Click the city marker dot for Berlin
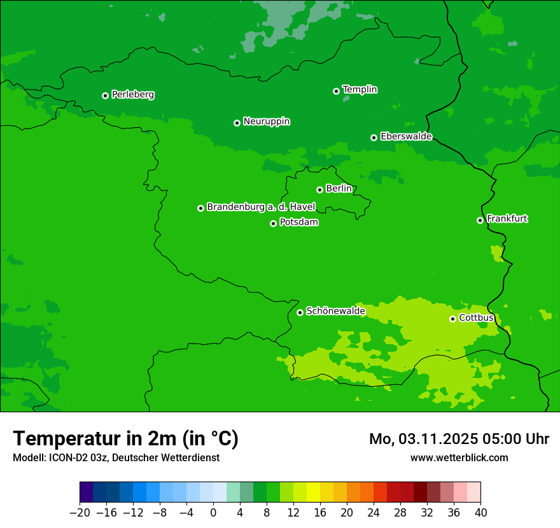click(x=319, y=190)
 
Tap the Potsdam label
click(x=299, y=223)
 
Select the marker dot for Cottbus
click(x=452, y=319)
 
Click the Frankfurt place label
click(x=507, y=219)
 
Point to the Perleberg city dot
click(x=105, y=95)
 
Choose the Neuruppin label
click(x=267, y=122)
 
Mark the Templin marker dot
click(x=336, y=91)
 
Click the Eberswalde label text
click(x=406, y=137)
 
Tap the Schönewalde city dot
click(x=300, y=312)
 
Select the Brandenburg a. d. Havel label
click(x=261, y=207)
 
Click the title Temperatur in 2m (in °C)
click(x=125, y=439)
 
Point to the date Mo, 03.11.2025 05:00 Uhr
click(x=459, y=439)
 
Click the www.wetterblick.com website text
click(x=459, y=457)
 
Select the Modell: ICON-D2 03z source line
click(x=116, y=457)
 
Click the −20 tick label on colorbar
click(x=80, y=513)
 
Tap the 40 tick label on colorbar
click(x=480, y=513)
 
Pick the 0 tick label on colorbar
click(x=213, y=513)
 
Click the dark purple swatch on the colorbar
click(x=87, y=492)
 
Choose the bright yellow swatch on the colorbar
click(x=313, y=492)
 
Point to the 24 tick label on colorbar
click(x=374, y=513)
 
